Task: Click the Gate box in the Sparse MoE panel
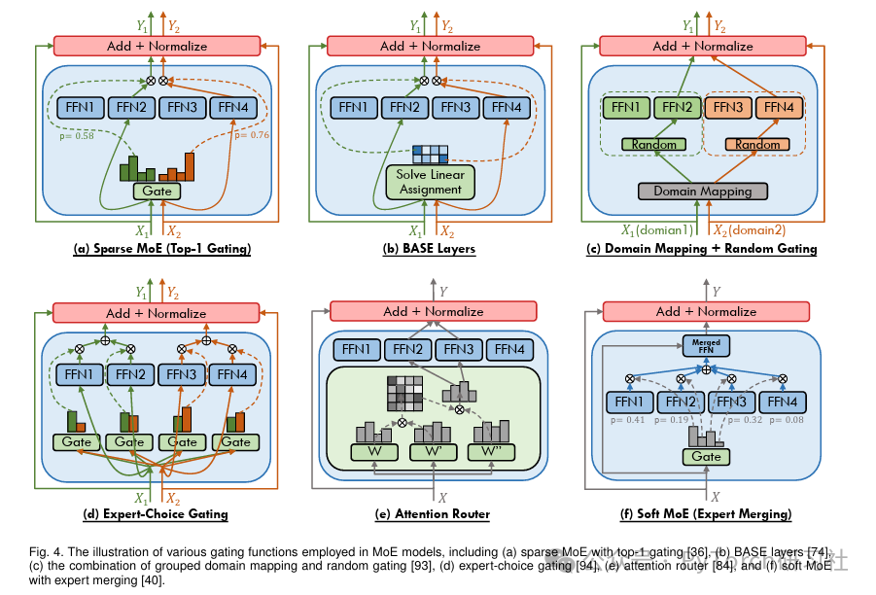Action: tap(157, 192)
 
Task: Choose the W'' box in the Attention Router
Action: tap(493, 452)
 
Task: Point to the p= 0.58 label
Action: tap(78, 134)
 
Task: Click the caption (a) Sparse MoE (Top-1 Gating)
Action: tap(161, 249)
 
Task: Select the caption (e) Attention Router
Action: tap(433, 513)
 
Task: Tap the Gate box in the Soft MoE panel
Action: tap(706, 457)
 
